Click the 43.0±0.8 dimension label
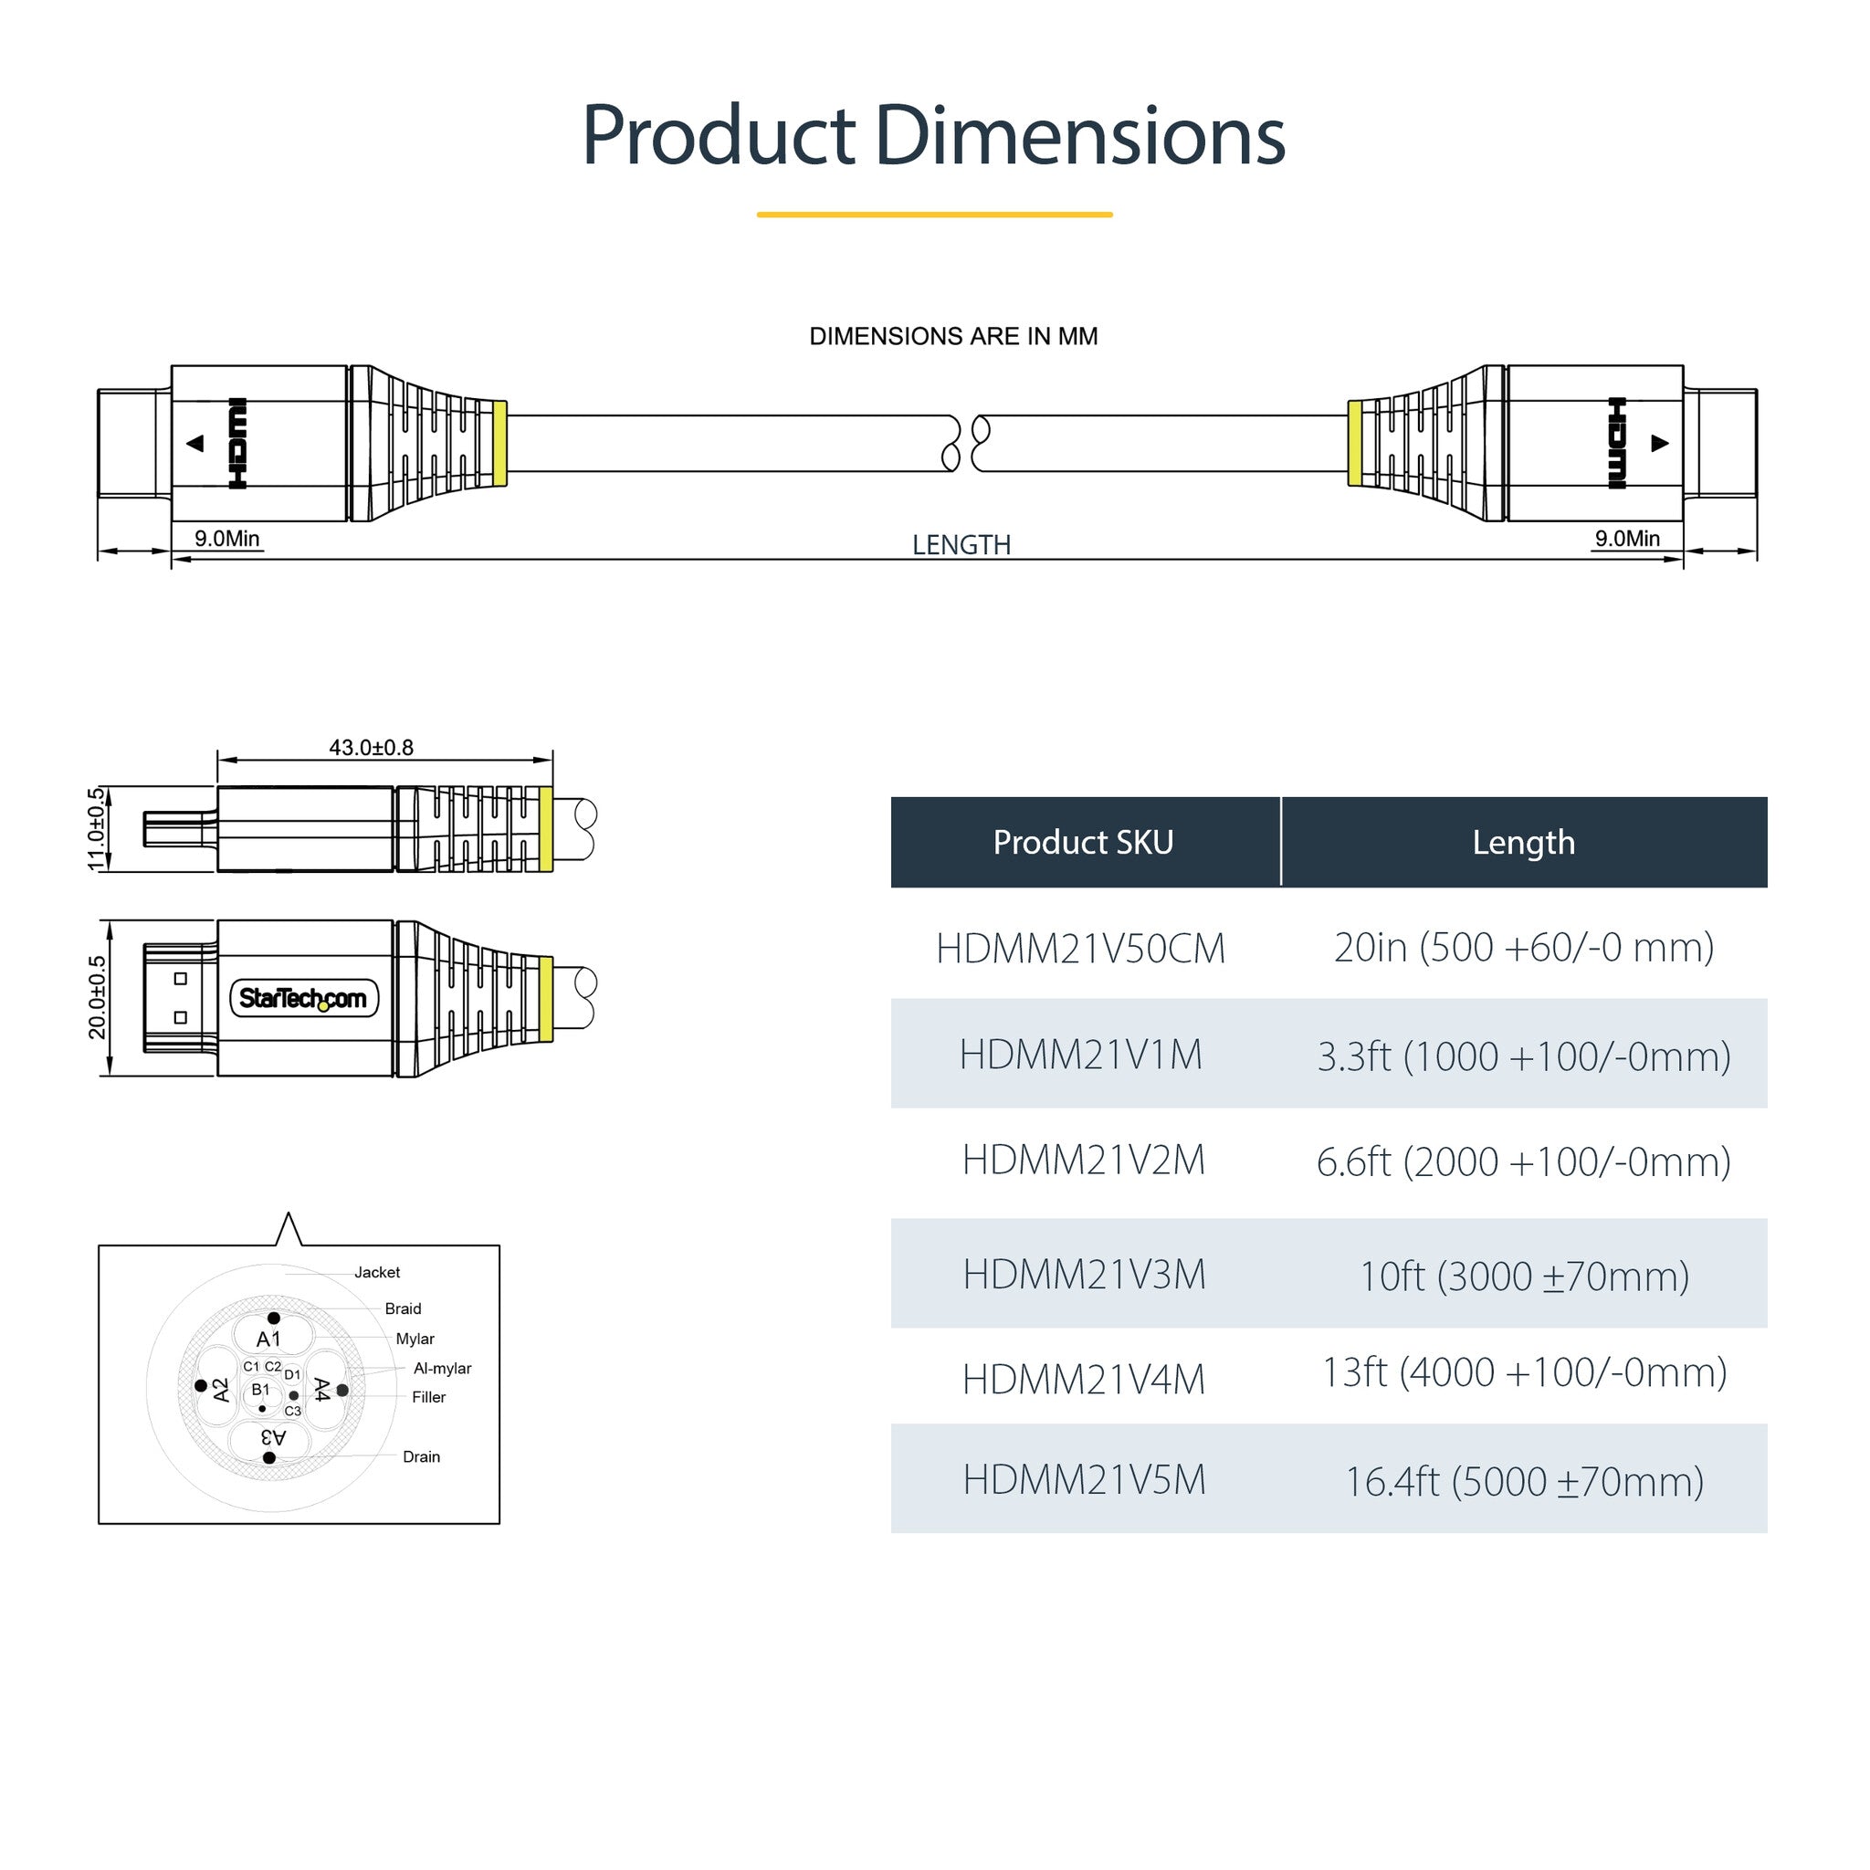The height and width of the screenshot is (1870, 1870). [371, 747]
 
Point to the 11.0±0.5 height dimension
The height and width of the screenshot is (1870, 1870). [96, 828]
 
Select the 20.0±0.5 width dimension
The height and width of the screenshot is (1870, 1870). [97, 997]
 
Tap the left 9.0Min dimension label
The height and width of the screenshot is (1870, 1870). [227, 538]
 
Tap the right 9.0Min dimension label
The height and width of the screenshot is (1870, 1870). [1627, 538]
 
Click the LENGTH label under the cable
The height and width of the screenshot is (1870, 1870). [961, 545]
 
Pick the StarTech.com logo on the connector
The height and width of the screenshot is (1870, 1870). [303, 998]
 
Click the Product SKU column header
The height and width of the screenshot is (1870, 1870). [1083, 842]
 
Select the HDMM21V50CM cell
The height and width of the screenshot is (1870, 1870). [1080, 949]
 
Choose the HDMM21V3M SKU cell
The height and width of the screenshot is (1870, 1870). [1084, 1275]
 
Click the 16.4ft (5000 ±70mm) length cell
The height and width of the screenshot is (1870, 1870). [1525, 1481]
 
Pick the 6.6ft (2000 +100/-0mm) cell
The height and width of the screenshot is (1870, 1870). [1524, 1161]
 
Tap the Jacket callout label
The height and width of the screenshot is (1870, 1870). [376, 1272]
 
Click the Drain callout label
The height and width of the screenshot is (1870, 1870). [421, 1456]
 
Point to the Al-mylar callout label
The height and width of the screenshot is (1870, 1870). [442, 1368]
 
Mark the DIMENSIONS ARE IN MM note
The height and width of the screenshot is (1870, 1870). [953, 337]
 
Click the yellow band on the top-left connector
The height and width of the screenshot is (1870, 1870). [499, 443]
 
